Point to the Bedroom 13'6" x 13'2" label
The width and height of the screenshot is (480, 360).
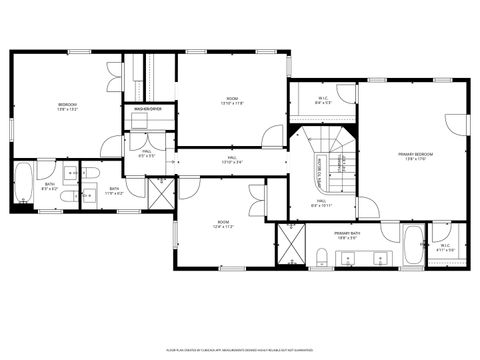(67, 106)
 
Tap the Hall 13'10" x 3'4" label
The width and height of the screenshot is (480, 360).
(231, 160)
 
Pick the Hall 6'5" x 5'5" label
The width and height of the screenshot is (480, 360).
(146, 153)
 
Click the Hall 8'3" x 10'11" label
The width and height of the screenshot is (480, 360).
(321, 203)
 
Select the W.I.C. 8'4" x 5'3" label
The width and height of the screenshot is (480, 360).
(323, 99)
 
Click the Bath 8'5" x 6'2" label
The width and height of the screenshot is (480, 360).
(50, 186)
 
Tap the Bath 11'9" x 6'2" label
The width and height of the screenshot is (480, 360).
(114, 190)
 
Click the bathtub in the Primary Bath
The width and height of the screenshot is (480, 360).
(413, 245)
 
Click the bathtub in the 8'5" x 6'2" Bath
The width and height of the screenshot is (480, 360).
(24, 186)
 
